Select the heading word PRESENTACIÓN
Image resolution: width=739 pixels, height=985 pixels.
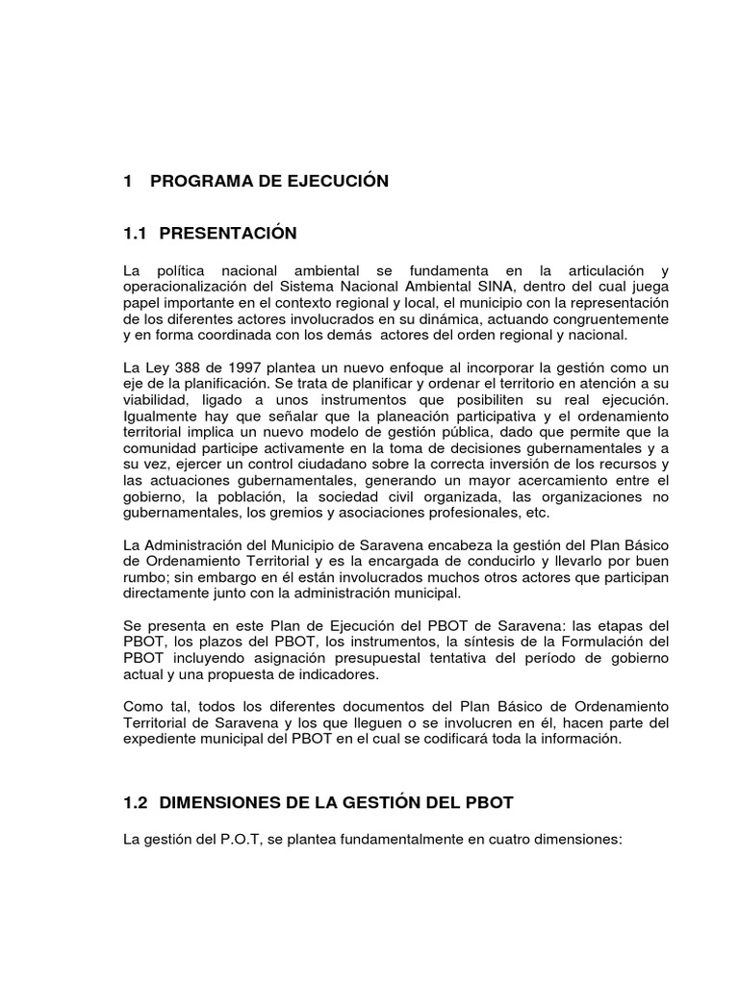(x=228, y=234)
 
